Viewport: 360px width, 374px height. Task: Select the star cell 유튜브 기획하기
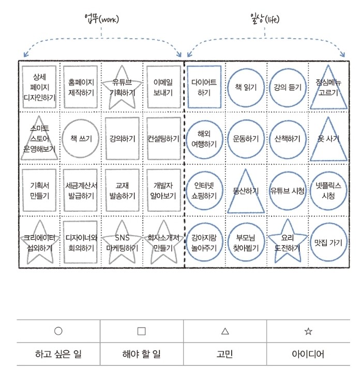(x=122, y=87)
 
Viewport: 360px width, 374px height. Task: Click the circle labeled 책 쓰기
(x=81, y=138)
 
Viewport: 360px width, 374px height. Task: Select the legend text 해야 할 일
(x=142, y=354)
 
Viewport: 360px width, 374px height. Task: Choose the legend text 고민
(x=224, y=354)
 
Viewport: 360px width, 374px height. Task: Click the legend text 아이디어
(x=308, y=354)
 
